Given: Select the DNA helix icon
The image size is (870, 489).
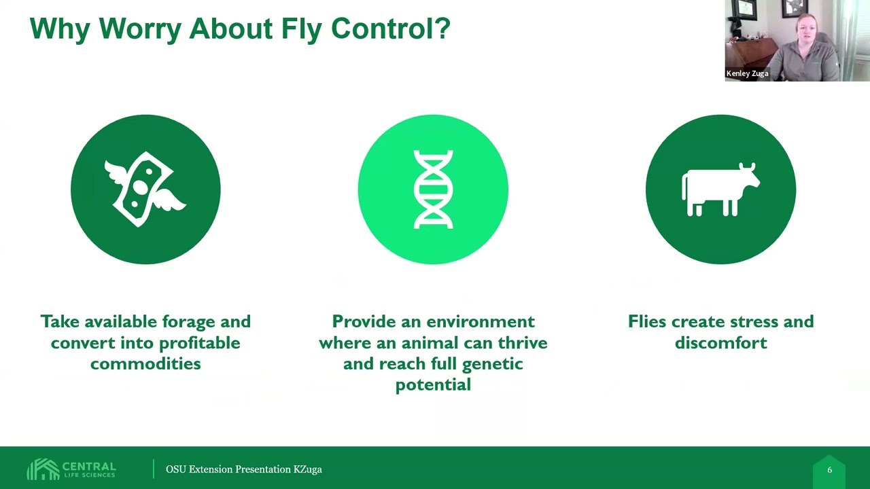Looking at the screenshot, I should pyautogui.click(x=433, y=189).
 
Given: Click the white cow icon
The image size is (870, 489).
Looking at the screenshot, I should pyautogui.click(x=720, y=189).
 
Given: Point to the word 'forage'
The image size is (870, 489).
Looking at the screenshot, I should pyautogui.click(x=186, y=321).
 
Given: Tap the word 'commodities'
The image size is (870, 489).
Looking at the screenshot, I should pyautogui.click(x=145, y=363).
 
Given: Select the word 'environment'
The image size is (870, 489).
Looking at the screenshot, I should pyautogui.click(x=481, y=321).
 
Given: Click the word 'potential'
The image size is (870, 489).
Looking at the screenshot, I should pyautogui.click(x=433, y=384).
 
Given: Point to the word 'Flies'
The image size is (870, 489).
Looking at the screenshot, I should pyautogui.click(x=648, y=321).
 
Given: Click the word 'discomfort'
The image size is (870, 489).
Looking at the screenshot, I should pyautogui.click(x=720, y=342).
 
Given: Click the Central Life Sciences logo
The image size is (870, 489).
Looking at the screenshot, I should pyautogui.click(x=72, y=469).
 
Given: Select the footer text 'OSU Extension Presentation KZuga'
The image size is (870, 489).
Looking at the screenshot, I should pyautogui.click(x=244, y=469).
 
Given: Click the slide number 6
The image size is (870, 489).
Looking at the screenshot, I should pyautogui.click(x=829, y=470).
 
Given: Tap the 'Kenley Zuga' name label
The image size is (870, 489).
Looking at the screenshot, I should pyautogui.click(x=747, y=73).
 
